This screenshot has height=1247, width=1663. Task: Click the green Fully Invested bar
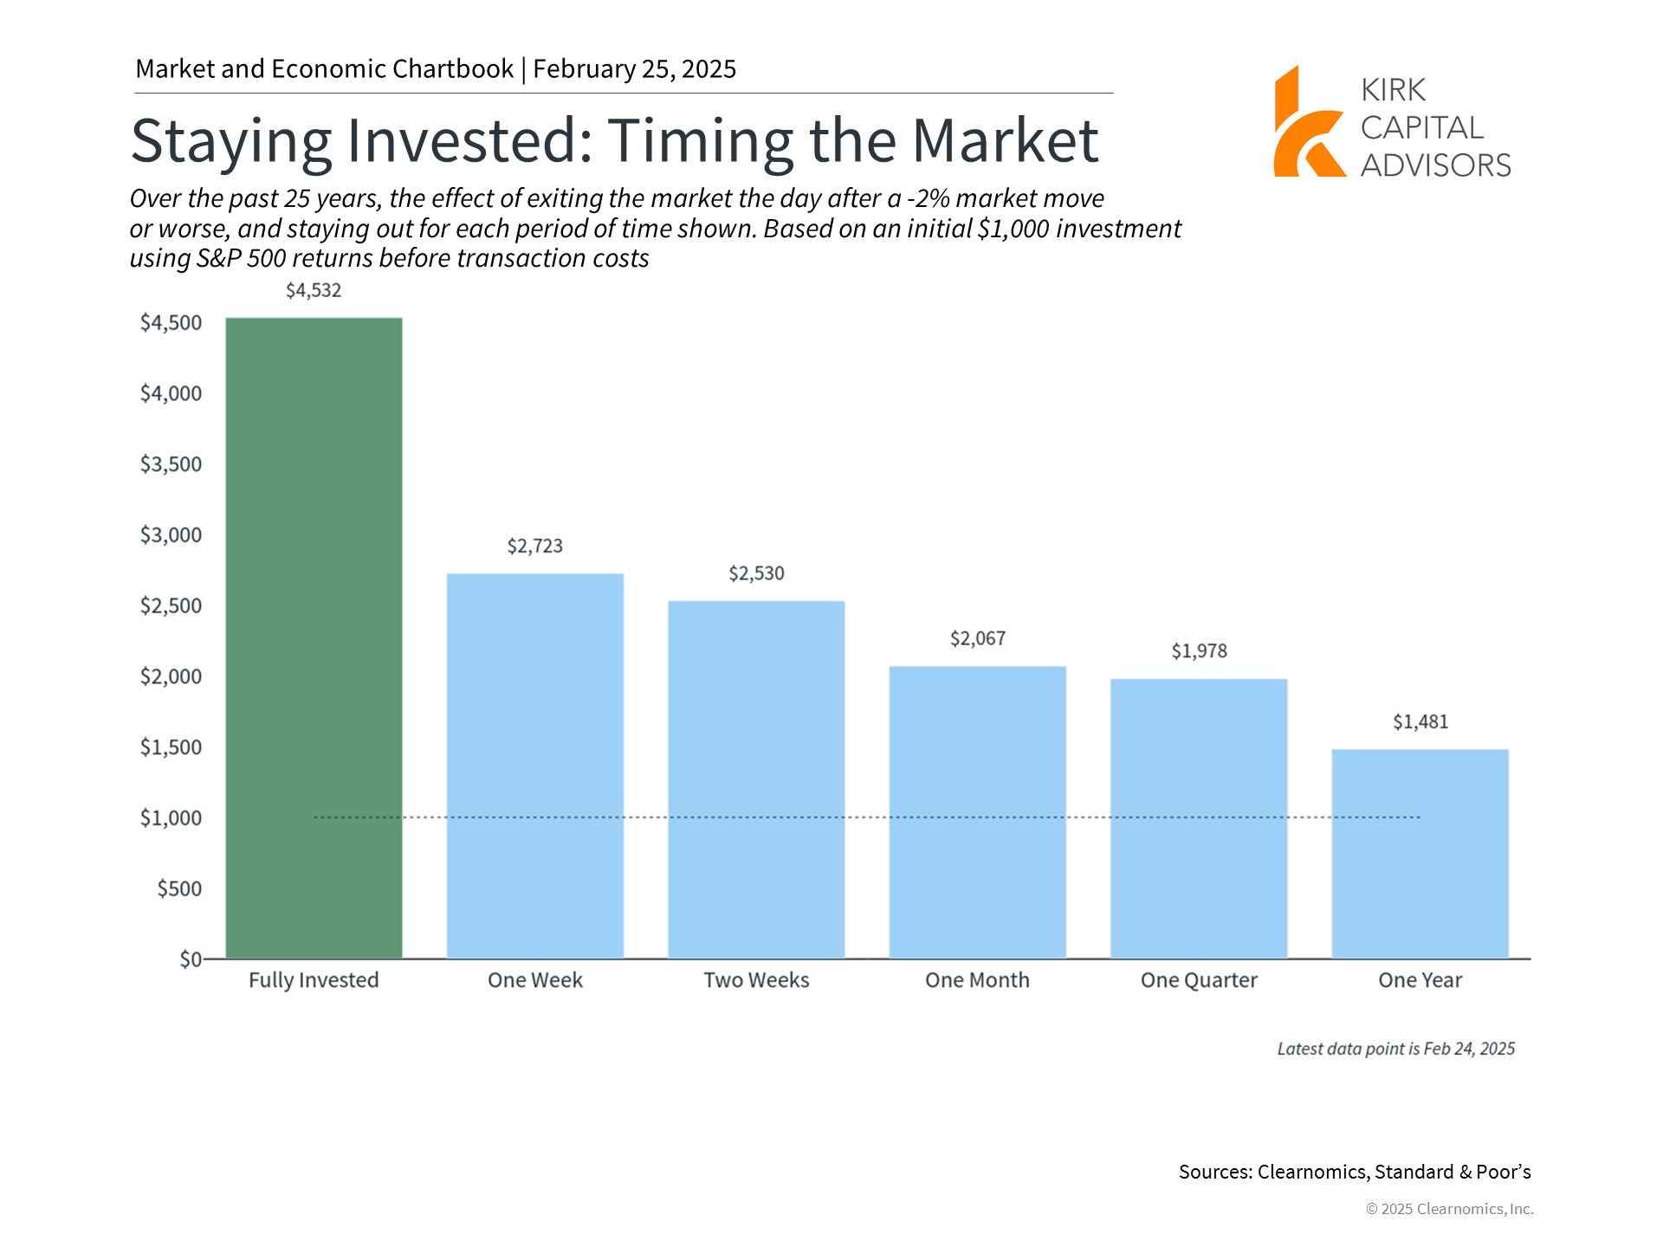point(314,638)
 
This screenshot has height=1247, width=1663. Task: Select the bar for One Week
point(535,766)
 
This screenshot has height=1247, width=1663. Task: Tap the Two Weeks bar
point(756,779)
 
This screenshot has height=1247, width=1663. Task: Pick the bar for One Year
point(1420,854)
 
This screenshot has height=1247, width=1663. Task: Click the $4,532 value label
point(314,291)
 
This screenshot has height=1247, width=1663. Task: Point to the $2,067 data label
point(978,639)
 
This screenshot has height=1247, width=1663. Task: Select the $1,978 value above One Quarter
point(1200,651)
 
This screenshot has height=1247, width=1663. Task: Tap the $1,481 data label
point(1420,722)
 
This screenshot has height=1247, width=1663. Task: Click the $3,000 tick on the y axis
point(171,535)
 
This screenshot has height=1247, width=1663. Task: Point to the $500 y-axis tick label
point(179,888)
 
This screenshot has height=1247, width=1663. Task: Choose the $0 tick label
point(191,959)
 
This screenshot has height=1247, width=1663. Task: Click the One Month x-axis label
point(978,980)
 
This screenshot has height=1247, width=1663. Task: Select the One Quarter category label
point(1200,980)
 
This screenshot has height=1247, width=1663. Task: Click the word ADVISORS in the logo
point(1436,165)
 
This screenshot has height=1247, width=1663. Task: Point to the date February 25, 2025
point(635,69)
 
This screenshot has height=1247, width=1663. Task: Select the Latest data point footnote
point(1396,1049)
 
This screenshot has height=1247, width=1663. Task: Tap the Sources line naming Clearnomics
point(1355,1173)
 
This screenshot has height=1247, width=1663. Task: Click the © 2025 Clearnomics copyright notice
point(1450,1209)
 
